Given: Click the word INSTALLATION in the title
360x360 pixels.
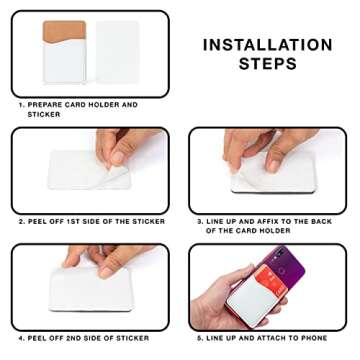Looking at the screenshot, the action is [x=268, y=45].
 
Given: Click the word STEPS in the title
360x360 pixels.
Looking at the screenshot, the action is [x=268, y=63].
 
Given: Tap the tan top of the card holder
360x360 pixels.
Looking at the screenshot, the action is [x=64, y=31].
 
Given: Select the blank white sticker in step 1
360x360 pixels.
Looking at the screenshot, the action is [x=117, y=52].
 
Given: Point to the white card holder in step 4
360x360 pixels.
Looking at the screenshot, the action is [x=91, y=289].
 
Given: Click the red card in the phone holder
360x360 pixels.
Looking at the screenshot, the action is [x=270, y=277].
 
